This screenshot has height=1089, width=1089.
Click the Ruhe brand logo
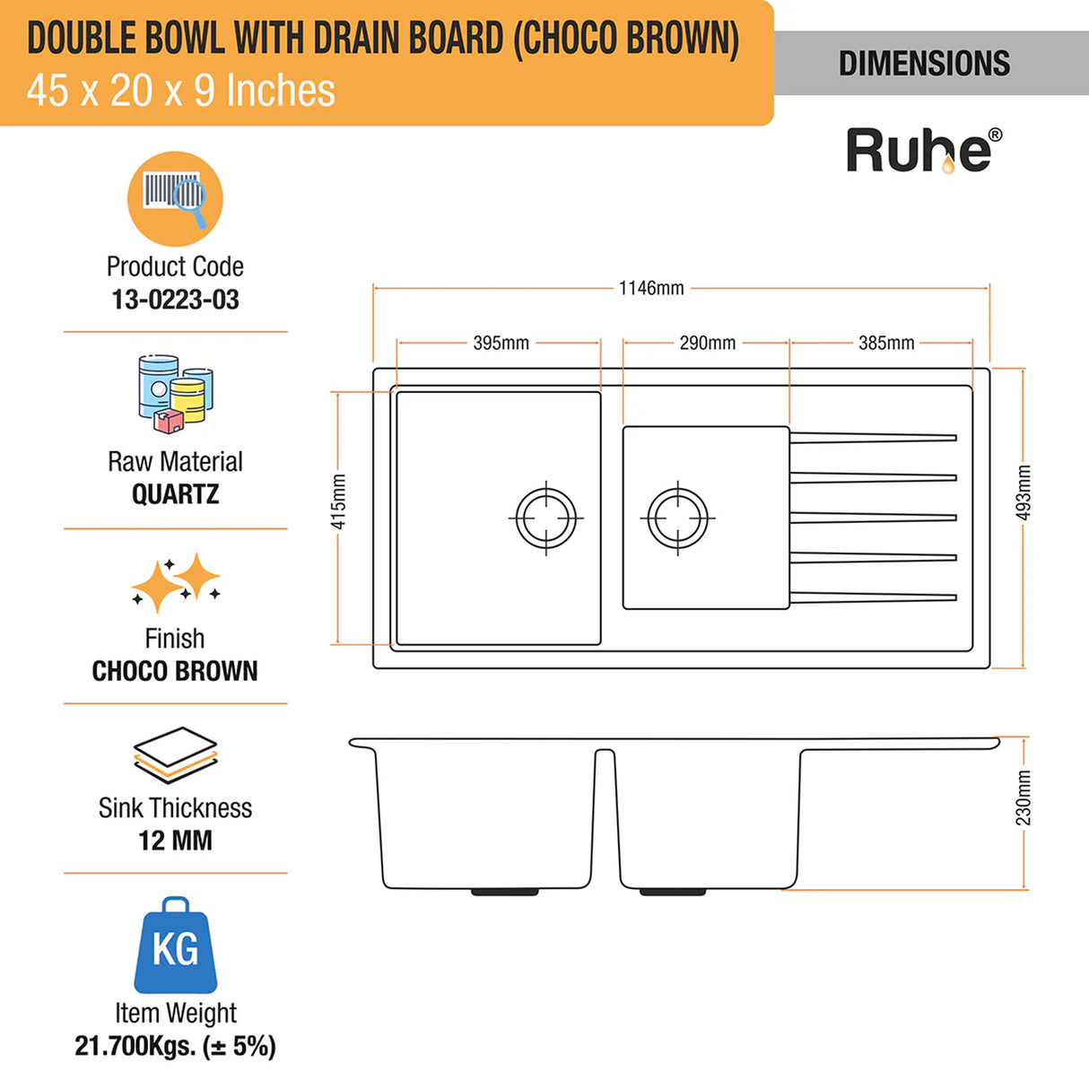923,150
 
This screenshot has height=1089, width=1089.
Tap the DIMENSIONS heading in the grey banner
924,64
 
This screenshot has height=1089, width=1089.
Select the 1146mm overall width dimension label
651,288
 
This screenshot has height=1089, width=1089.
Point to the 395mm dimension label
501,343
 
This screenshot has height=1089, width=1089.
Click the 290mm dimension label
707,343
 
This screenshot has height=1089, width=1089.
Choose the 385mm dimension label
885,343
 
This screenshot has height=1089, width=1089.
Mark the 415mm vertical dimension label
338,501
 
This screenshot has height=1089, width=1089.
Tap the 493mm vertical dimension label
1024,492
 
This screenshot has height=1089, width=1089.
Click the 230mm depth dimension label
1024,797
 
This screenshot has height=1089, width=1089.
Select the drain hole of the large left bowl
546,518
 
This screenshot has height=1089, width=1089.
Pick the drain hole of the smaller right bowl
677,518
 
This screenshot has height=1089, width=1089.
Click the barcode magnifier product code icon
175,198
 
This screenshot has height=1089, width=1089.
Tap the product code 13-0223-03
175,300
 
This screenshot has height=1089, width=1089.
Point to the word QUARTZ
175,494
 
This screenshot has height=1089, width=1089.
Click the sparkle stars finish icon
176,581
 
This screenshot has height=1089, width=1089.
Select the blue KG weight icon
175,945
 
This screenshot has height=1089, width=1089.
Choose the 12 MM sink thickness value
175,841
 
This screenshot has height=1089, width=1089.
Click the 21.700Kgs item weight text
175,1046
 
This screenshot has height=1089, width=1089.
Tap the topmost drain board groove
873,438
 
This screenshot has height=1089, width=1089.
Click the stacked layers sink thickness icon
175,756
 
